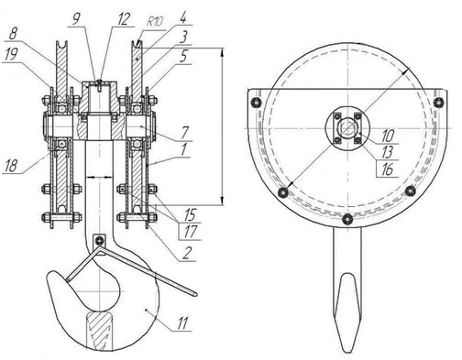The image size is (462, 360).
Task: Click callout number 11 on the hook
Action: click(x=182, y=323)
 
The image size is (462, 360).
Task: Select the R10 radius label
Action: click(x=155, y=22)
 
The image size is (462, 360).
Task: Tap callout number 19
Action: click(x=11, y=54)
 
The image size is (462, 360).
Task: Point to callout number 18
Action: click(x=11, y=166)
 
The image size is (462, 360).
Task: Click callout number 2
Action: click(x=187, y=253)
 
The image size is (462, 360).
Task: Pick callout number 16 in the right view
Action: click(x=387, y=169)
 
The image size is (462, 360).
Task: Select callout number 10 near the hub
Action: click(x=388, y=136)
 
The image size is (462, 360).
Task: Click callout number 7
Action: click(x=185, y=133)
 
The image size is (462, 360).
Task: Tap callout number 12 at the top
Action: click(x=124, y=19)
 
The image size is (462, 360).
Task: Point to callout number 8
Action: click(x=13, y=33)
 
